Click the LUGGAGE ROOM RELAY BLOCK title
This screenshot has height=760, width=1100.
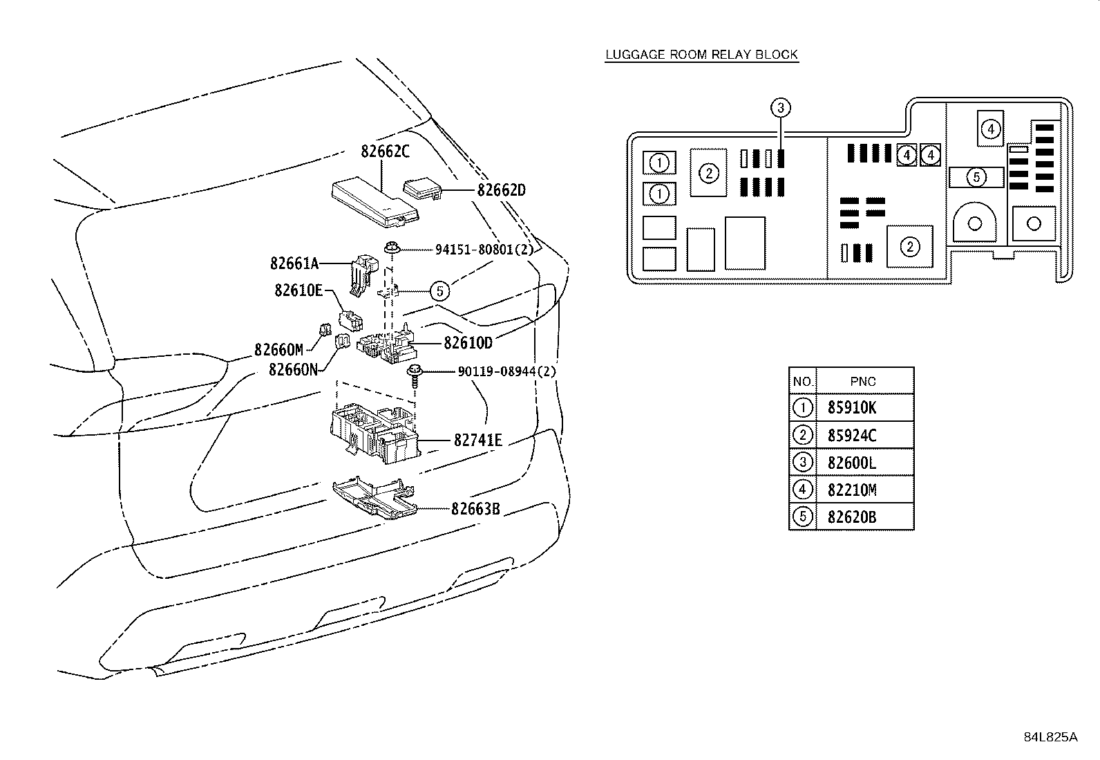coord(701,55)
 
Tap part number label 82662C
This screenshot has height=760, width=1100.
coord(385,151)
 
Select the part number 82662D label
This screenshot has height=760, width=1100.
coord(502,190)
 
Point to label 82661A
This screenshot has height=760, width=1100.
coord(294,263)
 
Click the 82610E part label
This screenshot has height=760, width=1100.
coord(298,290)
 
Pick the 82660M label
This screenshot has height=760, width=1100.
coord(279,350)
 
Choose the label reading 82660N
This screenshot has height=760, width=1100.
coord(293,370)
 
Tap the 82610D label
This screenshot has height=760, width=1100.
coord(468,342)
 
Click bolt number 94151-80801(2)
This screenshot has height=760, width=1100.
coord(484,250)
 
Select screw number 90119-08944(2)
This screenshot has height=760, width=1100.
coord(506,371)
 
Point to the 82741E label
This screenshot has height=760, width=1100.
coord(478,440)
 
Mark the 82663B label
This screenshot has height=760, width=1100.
coord(475,509)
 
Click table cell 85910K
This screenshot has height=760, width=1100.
coord(852,407)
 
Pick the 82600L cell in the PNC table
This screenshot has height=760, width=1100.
coord(852,463)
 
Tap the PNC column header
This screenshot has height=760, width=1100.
coord(863,382)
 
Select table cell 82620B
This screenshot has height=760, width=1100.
coord(852,517)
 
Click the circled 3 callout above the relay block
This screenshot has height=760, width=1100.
coord(781,108)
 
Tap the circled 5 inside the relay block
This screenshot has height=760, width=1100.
coord(976,178)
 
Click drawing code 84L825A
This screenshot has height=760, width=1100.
coord(1050,737)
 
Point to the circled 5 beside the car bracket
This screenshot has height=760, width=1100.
coord(440,291)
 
